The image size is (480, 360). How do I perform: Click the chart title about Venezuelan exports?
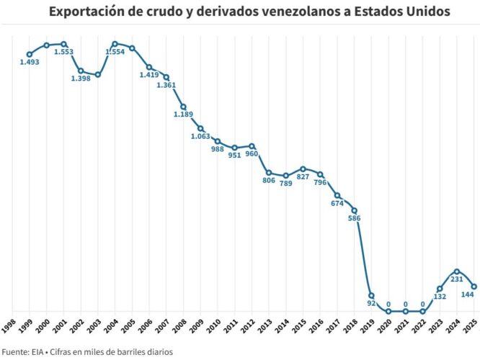pos(239,12)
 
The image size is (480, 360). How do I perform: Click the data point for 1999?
pos(30,54)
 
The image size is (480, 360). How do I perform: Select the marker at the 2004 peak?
pos(115,44)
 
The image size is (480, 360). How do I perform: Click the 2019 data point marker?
pos(371,295)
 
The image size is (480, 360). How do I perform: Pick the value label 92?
pos(372,305)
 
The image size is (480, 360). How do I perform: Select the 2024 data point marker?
pos(457,271)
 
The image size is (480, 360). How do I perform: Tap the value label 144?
pos(467,295)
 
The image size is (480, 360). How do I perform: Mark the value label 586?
pos(354,219)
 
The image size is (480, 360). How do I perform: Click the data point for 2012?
pos(252,146)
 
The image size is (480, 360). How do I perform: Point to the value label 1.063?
pos(201,137)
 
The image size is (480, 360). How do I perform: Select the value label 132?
pos(440,297)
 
